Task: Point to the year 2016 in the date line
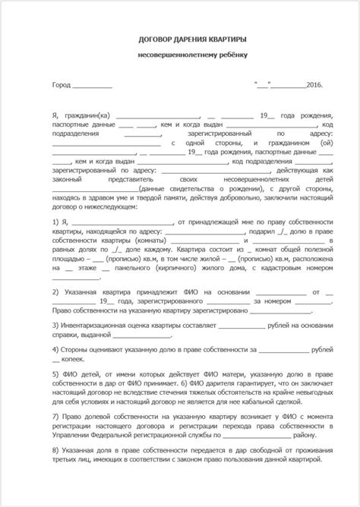coord(312,87)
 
